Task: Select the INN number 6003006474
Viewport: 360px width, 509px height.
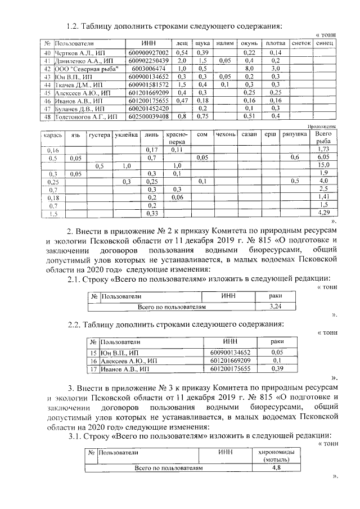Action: click(x=148, y=68)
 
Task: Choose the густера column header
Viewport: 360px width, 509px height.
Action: click(x=99, y=135)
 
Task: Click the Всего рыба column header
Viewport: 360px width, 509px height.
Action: click(x=323, y=138)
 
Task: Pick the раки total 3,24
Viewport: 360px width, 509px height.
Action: click(x=276, y=307)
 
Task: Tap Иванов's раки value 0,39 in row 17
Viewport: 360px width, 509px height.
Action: click(x=277, y=368)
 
